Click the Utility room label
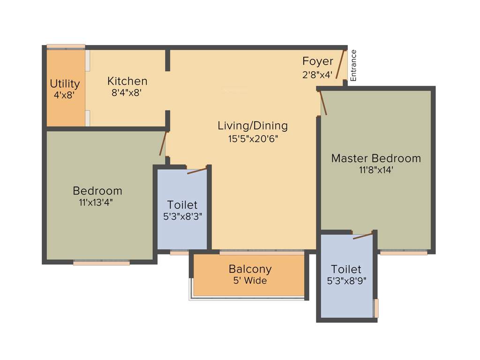[65, 84]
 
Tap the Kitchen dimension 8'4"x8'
[127, 93]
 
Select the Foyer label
[317, 61]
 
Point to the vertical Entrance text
[354, 65]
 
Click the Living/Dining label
[252, 126]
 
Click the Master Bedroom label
[376, 158]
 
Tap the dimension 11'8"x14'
[376, 170]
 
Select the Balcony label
[250, 269]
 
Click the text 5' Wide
[250, 281]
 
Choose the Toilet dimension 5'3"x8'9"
[346, 281]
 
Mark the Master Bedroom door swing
[322, 103]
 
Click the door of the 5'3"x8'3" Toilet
[197, 170]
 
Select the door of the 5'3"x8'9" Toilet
[363, 235]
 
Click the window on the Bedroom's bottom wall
[101, 263]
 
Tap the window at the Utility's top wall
[66, 46]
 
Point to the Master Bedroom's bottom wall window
[403, 253]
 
